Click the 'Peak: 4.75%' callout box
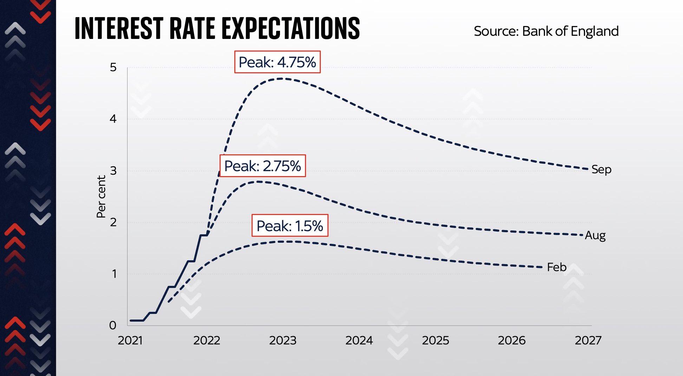point(277,62)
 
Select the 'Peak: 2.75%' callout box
point(262,166)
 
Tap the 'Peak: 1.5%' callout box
point(290,226)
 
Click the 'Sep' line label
point(601,169)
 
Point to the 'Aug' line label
point(595,235)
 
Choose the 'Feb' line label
point(557,267)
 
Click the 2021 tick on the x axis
point(130,340)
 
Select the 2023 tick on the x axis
point(282,340)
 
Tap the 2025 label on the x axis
point(435,340)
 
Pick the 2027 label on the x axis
point(588,340)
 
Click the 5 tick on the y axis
point(113,67)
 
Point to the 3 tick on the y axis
point(113,171)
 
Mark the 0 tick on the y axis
point(112,325)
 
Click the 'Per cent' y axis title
point(101,196)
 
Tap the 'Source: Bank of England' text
point(546,31)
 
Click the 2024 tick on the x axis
point(359,340)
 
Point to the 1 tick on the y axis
point(114,274)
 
